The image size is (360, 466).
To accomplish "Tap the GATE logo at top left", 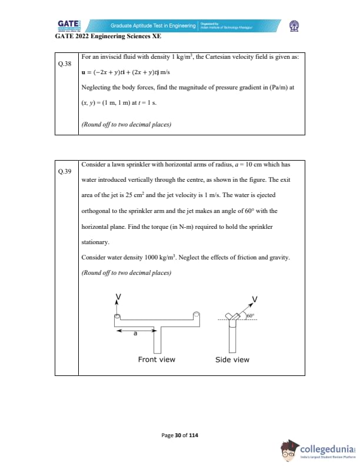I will point(69,25).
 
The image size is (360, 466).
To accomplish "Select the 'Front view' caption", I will point(156,360).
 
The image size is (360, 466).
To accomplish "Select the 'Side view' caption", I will point(232,360).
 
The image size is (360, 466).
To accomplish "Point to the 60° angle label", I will point(252,317).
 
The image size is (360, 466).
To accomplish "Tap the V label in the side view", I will point(254,299).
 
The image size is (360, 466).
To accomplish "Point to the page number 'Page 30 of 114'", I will point(180,435).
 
